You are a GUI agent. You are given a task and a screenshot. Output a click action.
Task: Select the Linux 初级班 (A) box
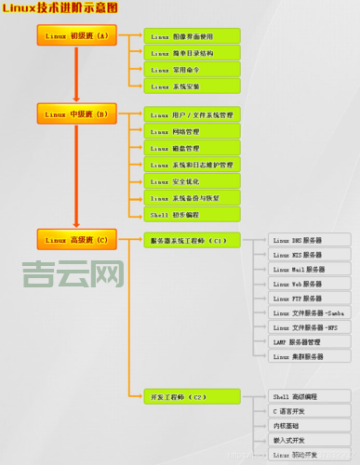(76, 36)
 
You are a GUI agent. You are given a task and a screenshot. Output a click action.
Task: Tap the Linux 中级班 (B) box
(76, 115)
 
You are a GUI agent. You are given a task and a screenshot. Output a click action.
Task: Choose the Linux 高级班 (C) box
(76, 240)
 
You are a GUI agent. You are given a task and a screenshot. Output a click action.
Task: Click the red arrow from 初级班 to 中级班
(76, 74)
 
